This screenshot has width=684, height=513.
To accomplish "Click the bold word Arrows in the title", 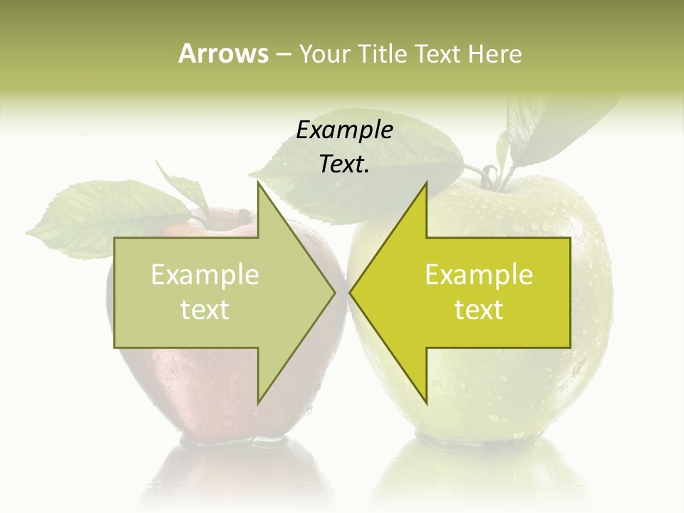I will [x=223, y=53].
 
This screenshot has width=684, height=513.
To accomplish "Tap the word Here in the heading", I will [x=494, y=53].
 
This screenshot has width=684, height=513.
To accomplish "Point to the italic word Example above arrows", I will [x=344, y=130].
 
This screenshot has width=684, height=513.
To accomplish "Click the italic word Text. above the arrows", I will [x=344, y=164].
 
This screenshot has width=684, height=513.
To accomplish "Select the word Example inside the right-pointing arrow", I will [x=205, y=275].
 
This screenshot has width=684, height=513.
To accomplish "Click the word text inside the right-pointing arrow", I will [x=205, y=310].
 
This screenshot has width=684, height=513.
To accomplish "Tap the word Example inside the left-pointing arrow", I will [x=479, y=275].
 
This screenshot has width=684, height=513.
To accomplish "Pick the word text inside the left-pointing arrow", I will [x=479, y=310].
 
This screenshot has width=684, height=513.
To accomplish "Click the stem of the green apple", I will [x=492, y=175].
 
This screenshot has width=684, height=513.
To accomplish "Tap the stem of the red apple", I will [x=242, y=214].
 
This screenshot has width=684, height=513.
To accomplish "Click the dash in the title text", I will [x=283, y=54].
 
